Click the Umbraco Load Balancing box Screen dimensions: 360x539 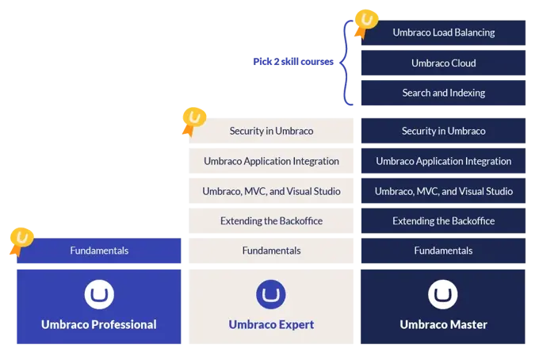[443, 33]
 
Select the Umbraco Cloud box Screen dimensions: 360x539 [443, 63]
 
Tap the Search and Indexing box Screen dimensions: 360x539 [443, 93]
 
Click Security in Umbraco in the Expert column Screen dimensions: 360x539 [271, 131]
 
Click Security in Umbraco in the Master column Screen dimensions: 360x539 [443, 131]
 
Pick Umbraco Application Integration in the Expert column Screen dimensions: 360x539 [271, 161]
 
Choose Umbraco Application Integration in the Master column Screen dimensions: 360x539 [443, 161]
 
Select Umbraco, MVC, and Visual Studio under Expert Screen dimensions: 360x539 [271, 191]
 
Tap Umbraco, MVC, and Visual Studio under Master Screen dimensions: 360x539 [443, 191]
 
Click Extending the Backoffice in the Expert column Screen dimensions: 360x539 [271, 220]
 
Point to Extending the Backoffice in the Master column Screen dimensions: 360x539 [443, 220]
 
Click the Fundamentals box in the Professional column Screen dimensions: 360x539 [99, 251]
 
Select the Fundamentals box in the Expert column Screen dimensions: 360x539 [271, 251]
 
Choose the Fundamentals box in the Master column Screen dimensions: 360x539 [443, 251]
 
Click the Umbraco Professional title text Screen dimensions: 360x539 [99, 324]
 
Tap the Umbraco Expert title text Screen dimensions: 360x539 [271, 324]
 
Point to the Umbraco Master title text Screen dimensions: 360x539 [443, 324]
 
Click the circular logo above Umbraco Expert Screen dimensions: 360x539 [271, 295]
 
